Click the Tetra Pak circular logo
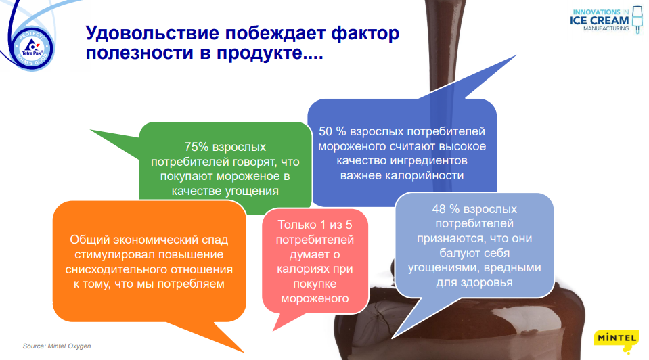click(x=32, y=48)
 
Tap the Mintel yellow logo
click(x=616, y=341)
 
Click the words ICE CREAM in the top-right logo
click(x=600, y=21)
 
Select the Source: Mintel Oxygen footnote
click(x=57, y=346)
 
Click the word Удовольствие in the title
click(x=152, y=32)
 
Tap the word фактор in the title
click(x=365, y=34)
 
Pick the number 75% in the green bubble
click(x=197, y=147)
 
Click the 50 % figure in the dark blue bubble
click(x=332, y=131)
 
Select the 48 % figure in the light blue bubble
click(x=445, y=209)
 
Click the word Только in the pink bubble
click(x=296, y=225)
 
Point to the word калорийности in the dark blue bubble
click(x=424, y=175)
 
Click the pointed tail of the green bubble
click(x=92, y=131)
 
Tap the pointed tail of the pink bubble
click(x=274, y=330)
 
